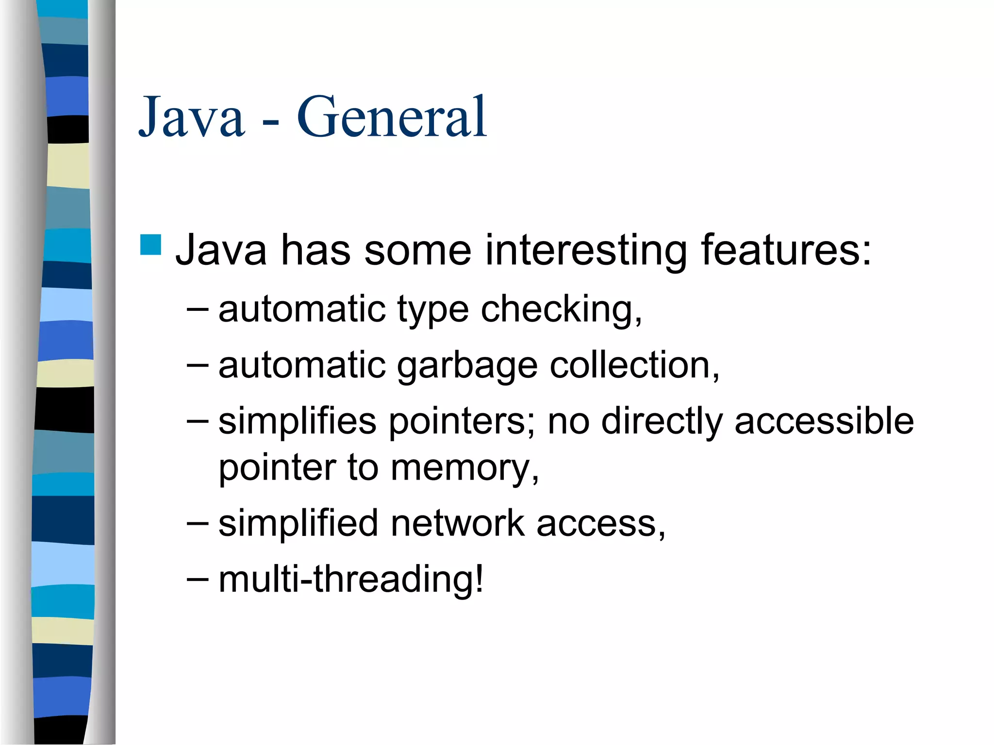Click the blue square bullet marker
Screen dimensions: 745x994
[150, 245]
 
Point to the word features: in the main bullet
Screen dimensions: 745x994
[786, 251]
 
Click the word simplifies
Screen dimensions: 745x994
[298, 421]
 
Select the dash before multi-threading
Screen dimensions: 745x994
[198, 579]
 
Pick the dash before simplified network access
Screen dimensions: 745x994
[198, 523]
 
